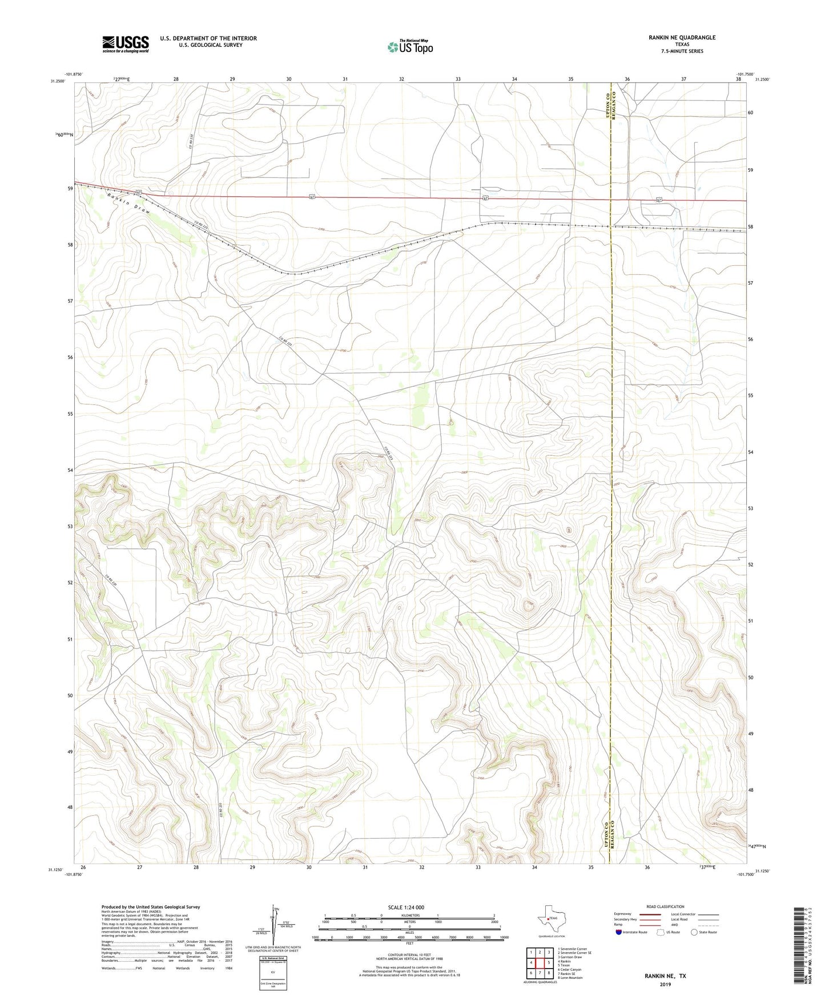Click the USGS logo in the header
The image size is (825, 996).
click(x=126, y=44)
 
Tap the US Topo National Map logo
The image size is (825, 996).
click(x=410, y=46)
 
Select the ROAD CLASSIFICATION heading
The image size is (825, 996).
click(x=665, y=906)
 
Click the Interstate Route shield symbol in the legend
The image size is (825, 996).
click(x=619, y=932)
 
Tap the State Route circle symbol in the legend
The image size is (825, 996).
click(x=694, y=932)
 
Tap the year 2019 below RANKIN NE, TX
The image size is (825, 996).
click(x=665, y=985)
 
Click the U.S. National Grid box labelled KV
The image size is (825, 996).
click(x=272, y=969)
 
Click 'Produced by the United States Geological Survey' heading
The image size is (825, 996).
click(x=151, y=906)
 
